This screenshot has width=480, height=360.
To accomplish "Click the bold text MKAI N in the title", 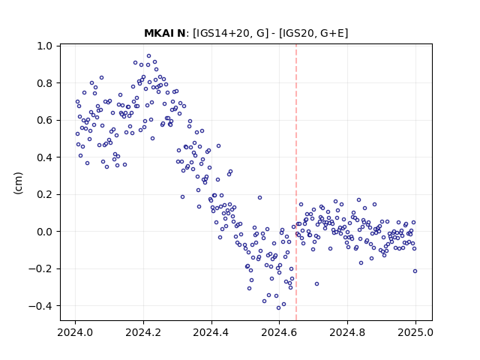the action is (x=164, y=33).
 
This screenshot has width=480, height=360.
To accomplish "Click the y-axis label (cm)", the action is (x=18, y=183).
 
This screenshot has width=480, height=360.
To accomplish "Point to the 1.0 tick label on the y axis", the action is (x=44, y=46).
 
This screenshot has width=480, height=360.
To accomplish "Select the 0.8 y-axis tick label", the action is (x=44, y=83).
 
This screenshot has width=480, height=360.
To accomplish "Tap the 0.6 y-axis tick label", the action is (x=44, y=120).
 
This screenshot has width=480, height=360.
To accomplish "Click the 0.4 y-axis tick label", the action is (x=44, y=157).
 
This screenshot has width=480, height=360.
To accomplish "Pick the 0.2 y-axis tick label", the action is (x=44, y=194).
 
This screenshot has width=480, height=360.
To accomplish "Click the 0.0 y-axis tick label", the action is (x=44, y=232).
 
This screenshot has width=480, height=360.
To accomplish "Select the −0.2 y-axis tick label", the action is (x=40, y=268).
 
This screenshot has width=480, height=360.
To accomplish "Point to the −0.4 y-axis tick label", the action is (x=40, y=306).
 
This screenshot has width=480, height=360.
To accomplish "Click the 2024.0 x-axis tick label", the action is (x=75, y=332).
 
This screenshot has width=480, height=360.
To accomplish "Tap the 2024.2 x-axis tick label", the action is (x=143, y=332).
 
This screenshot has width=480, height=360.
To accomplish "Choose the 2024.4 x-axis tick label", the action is (x=211, y=332).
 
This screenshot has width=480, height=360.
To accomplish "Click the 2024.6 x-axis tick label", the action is (x=279, y=332).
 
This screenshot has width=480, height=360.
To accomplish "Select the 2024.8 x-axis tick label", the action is (x=347, y=332).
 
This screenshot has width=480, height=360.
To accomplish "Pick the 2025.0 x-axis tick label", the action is (x=415, y=332).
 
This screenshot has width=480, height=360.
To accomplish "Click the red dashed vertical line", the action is (x=296, y=182).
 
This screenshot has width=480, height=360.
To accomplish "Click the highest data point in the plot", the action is (x=148, y=56).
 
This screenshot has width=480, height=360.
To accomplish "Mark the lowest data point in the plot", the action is (x=278, y=308).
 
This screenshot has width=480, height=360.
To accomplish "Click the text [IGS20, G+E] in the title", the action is (x=313, y=33).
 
